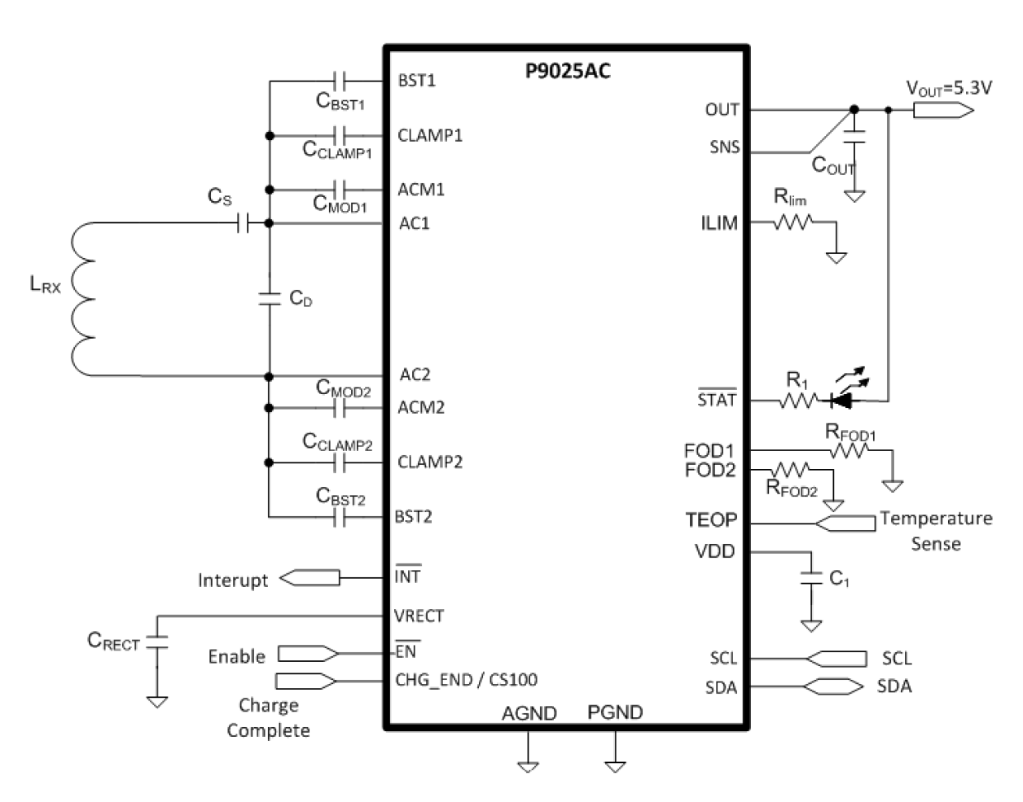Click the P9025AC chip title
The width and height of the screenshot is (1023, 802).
tap(568, 72)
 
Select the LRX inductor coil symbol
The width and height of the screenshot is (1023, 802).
tap(82, 299)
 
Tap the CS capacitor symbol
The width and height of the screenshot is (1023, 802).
tap(243, 222)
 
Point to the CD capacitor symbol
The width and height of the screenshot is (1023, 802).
tap(268, 298)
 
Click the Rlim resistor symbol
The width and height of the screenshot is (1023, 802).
tap(792, 221)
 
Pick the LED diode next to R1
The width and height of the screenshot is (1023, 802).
tap(841, 400)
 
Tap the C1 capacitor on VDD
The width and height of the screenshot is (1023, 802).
tap(811, 578)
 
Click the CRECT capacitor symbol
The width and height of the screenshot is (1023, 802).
tap(156, 641)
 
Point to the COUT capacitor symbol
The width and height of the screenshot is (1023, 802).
tap(854, 138)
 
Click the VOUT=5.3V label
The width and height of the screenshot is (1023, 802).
tap(949, 88)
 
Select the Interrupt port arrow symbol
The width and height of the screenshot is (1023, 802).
tap(310, 578)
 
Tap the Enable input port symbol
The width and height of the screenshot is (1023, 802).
tap(309, 653)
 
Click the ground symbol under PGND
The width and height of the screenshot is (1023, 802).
tap(615, 765)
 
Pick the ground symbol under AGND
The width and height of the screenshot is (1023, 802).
tap(528, 765)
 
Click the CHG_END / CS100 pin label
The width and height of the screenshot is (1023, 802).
tap(466, 680)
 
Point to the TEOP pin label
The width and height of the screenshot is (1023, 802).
tap(710, 520)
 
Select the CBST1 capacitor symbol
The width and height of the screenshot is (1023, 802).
tap(341, 81)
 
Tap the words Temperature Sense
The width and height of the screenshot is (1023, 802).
tap(936, 530)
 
